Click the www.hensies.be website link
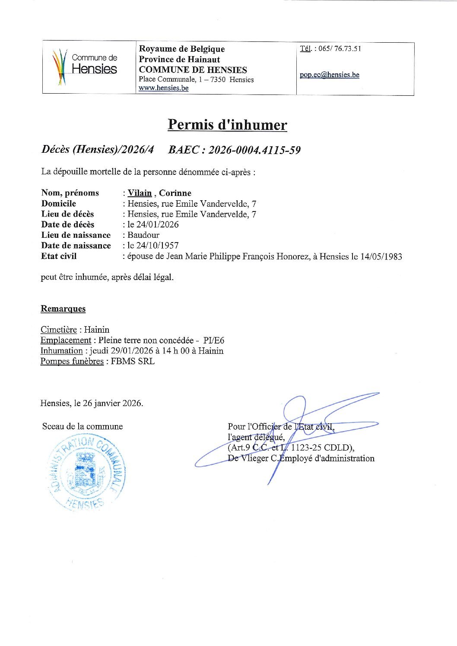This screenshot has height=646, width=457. click(x=163, y=88)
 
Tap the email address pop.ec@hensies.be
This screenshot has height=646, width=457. click(x=330, y=75)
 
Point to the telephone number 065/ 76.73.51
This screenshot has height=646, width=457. click(x=340, y=49)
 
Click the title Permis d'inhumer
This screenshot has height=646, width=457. click(x=227, y=125)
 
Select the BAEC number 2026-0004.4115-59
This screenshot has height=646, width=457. click(x=254, y=150)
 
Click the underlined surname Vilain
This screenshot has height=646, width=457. click(x=140, y=193)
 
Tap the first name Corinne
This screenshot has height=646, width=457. click(x=175, y=193)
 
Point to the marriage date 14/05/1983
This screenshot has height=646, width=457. click(x=381, y=257)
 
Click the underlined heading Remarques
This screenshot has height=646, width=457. click(x=63, y=309)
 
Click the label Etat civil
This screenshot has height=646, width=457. click(x=59, y=256)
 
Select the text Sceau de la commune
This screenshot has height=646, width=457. click(x=83, y=427)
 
